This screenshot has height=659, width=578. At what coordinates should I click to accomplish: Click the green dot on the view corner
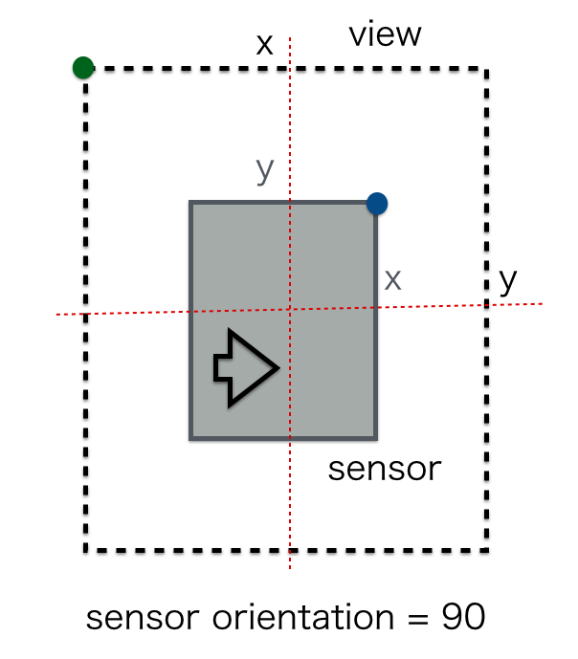point(83,67)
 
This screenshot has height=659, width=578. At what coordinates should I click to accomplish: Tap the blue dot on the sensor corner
point(377,203)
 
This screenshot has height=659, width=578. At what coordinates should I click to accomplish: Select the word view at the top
point(385,35)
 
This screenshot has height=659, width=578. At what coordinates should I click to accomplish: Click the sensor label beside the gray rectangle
point(385,469)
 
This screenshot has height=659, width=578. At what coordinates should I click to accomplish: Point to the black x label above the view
point(265,44)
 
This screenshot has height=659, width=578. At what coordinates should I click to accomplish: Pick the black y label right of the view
point(508,280)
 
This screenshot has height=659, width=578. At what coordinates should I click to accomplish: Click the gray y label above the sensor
point(265,169)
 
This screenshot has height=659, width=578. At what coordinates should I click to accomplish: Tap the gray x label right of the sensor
point(392,279)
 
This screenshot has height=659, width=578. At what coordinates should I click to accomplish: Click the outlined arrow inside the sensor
point(245,367)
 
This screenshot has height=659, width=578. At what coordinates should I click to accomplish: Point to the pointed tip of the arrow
point(278,367)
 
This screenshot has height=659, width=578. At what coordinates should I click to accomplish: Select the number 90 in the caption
point(463,617)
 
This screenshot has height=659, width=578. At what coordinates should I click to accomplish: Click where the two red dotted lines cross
point(290,309)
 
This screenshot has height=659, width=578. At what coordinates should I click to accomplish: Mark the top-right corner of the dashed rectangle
point(488,69)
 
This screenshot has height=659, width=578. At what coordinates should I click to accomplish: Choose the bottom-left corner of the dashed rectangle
point(86,550)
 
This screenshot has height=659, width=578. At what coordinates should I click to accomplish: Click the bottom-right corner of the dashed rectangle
point(488,550)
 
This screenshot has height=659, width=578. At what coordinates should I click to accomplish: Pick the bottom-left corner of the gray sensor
point(191,438)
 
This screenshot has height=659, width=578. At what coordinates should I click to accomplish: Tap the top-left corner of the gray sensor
point(191,203)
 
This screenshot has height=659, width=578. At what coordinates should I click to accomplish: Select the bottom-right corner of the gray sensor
point(376,438)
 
